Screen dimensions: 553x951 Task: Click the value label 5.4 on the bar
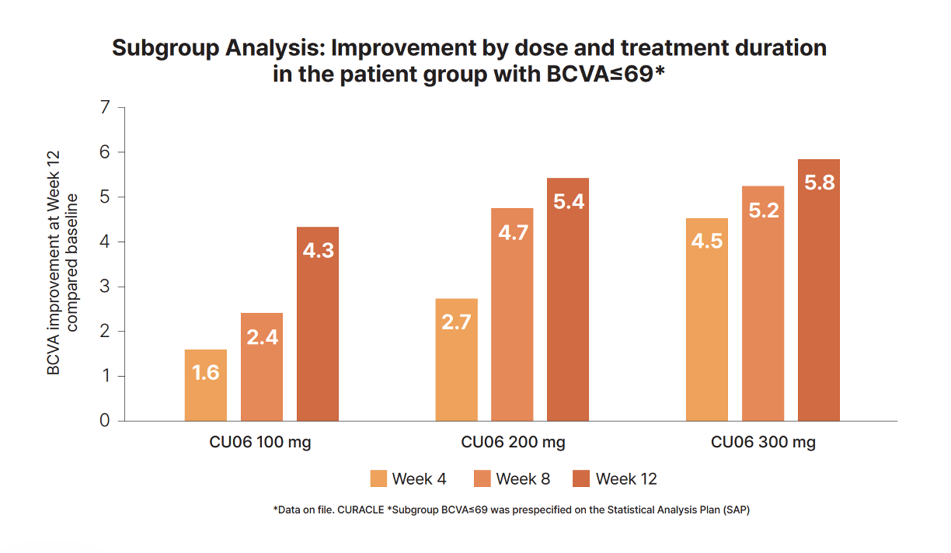pyautogui.click(x=569, y=201)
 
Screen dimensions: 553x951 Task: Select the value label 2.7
pyautogui.click(x=457, y=322)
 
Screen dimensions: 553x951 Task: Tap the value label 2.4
pyautogui.click(x=262, y=337)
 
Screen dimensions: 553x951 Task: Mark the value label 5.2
pyautogui.click(x=763, y=210)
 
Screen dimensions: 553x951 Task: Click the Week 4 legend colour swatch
pyautogui.click(x=378, y=478)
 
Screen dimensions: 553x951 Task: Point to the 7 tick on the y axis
pyautogui.click(x=106, y=107)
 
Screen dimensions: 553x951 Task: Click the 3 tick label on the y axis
pyautogui.click(x=106, y=287)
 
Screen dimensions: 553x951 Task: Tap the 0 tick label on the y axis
pyautogui.click(x=106, y=421)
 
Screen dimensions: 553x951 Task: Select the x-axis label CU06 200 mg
pyautogui.click(x=513, y=443)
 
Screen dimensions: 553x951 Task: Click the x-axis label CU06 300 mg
pyautogui.click(x=763, y=443)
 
